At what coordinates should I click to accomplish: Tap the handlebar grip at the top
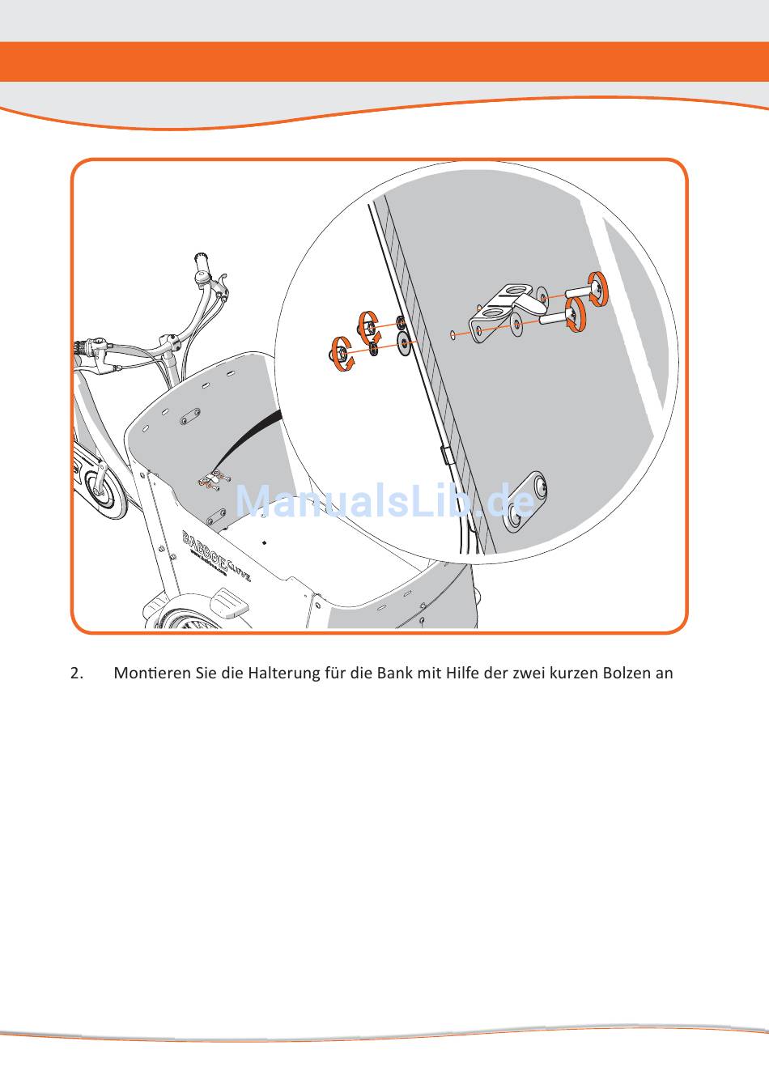click(200, 261)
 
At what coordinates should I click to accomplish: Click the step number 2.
click(77, 674)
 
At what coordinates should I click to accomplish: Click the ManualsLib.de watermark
click(384, 502)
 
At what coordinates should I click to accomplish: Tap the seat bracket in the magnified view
click(506, 309)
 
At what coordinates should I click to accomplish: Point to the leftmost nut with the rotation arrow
click(341, 355)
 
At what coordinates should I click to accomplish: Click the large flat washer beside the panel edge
click(403, 346)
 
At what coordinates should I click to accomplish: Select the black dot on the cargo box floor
click(265, 542)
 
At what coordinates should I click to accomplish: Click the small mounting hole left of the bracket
click(451, 333)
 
